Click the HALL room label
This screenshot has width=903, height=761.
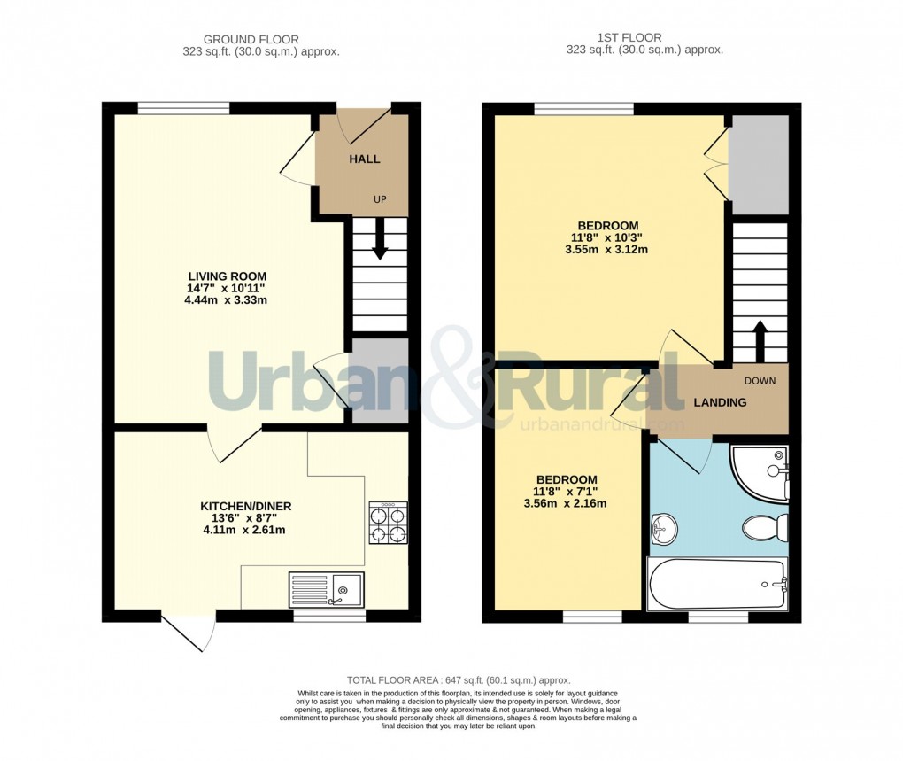(364, 159)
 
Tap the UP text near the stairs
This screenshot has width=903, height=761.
(380, 199)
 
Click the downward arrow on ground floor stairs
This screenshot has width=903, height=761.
(380, 242)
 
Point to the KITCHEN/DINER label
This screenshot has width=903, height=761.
(245, 506)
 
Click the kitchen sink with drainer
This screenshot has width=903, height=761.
(326, 588)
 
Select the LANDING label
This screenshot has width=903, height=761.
(720, 402)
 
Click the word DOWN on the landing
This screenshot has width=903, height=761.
(760, 381)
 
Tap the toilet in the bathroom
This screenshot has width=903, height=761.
(763, 529)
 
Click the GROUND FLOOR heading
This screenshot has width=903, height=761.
(251, 39)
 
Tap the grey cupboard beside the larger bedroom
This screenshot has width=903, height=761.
(759, 165)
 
